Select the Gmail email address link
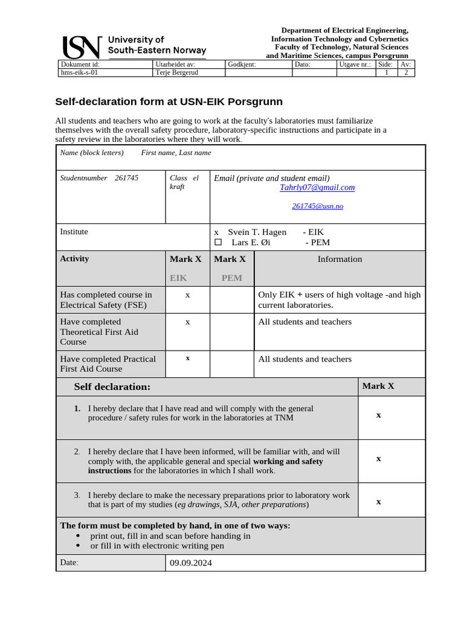coord(317,188)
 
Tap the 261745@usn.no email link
coord(317,206)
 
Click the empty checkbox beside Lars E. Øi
coord(218,243)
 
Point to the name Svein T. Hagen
coord(257,232)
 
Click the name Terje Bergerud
coord(176,72)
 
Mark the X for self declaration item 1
coord(378,415)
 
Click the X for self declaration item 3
coord(378,502)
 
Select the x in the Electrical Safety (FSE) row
coord(187,295)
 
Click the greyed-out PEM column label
coord(231,278)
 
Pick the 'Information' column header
coord(340,259)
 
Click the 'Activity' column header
coord(74,259)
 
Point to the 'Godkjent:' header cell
coord(242,64)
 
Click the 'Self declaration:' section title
coord(112,386)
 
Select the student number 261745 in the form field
coord(126,178)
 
